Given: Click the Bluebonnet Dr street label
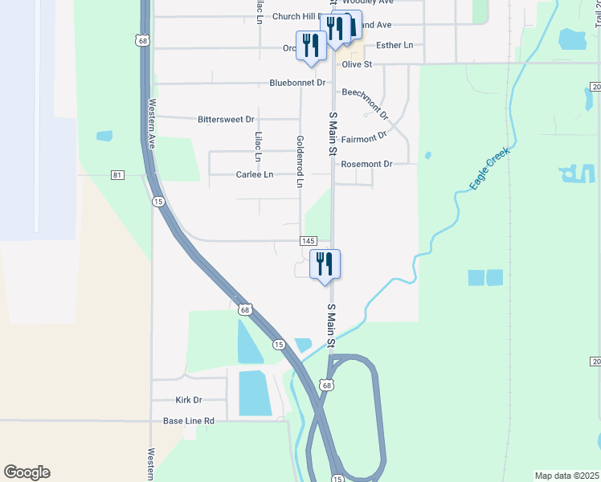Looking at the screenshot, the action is coord(297,83).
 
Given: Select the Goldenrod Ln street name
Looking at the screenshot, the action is coord(300,161).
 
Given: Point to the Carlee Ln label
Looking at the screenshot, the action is coord(255,174).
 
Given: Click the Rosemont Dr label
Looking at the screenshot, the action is coord(366,164).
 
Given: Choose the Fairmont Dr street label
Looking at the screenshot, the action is coord(364,139).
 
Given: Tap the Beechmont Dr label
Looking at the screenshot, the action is coord(366,104).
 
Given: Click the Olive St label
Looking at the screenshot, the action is coord(357,64).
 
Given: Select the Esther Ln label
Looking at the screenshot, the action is coord(394,45).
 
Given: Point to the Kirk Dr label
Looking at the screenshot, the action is coord(188,400).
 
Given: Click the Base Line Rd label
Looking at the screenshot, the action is coord(189,421).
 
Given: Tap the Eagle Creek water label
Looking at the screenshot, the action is coord(490,169).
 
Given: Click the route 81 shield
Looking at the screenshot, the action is coord(118,175).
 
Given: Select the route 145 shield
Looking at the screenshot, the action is coord(309,241).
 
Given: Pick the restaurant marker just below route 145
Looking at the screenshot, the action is coord(325,264).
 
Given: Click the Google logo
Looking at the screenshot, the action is coord(27,472).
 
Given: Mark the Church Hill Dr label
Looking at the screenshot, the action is coord(297,16).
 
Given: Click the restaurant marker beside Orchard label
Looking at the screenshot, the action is coord(310,46).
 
